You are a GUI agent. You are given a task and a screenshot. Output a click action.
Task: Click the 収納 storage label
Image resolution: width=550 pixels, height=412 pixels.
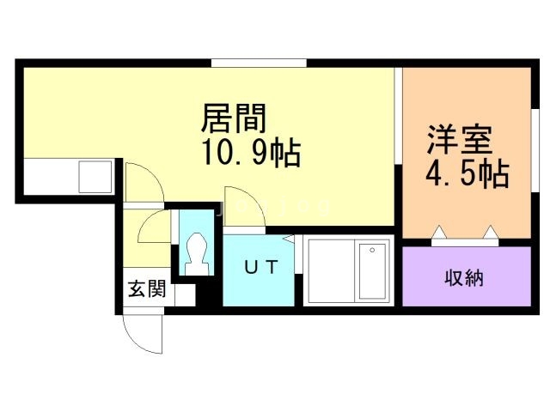click(x=464, y=277)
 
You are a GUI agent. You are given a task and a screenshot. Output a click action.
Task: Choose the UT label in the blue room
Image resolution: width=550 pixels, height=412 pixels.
click(x=258, y=267)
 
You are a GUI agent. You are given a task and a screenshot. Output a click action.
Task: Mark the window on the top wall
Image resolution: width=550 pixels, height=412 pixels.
click(x=259, y=61)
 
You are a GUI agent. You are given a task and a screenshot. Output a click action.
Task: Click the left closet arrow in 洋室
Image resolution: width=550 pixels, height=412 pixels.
click(x=439, y=233)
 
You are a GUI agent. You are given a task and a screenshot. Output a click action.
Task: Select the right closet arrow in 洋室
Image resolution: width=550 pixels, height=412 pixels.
click(x=492, y=233)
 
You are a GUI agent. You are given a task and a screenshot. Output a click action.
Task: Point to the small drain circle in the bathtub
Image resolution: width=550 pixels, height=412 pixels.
click(x=372, y=251)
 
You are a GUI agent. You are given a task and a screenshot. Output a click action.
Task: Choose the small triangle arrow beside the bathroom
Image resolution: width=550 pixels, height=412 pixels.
click(x=290, y=240)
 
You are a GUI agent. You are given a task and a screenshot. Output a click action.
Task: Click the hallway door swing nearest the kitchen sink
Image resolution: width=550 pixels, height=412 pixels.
click(x=139, y=180)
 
